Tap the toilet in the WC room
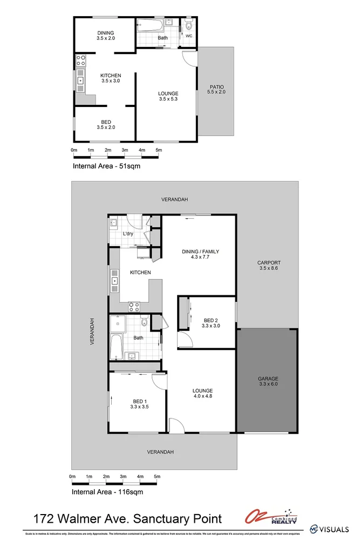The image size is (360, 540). click(x=188, y=25)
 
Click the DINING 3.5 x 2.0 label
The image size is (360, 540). click(x=105, y=36)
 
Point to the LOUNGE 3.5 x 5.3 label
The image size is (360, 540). click(x=168, y=96)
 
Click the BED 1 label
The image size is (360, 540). click(x=139, y=404)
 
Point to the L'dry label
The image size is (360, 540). click(x=128, y=234)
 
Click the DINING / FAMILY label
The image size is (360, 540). click(x=200, y=254)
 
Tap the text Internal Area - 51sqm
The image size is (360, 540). click(x=106, y=166)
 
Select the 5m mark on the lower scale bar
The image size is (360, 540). click(x=158, y=477)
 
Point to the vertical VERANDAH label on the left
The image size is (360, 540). click(x=92, y=331)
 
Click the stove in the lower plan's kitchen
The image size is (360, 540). click(x=134, y=306)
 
